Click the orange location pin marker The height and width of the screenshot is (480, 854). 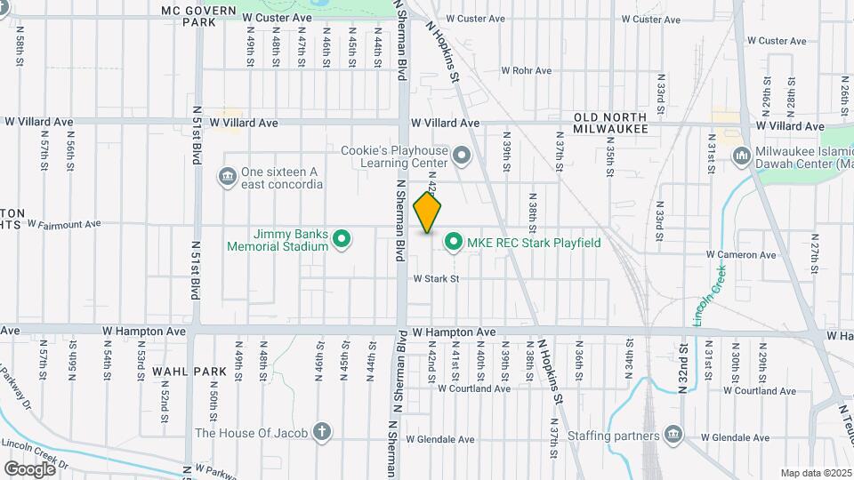point(428,212)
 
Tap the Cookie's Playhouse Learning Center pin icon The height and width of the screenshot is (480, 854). point(461,157)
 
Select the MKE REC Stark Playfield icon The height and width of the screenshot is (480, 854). point(454,242)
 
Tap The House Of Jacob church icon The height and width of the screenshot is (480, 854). point(322,433)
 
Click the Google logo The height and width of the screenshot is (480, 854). point(29,468)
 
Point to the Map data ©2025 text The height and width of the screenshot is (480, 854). point(815,473)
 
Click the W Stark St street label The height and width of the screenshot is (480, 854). point(435,278)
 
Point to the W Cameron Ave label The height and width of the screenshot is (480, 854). point(741,254)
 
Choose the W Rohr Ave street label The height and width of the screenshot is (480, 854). point(527,70)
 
